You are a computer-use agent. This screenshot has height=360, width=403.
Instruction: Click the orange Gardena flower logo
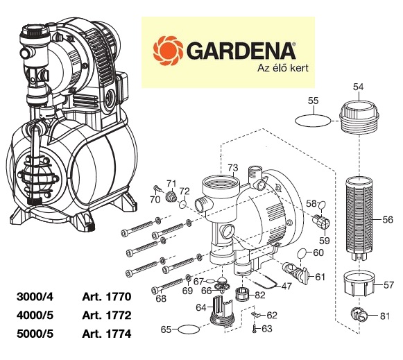168,51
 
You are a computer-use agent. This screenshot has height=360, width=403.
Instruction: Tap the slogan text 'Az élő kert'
283,68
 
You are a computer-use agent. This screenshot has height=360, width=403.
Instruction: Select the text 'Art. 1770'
107,297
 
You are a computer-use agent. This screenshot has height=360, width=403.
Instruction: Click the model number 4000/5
35,316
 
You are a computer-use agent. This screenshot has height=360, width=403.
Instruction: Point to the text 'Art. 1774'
107,334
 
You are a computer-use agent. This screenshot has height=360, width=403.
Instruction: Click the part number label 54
359,87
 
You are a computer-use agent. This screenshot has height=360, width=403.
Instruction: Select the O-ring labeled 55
313,120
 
